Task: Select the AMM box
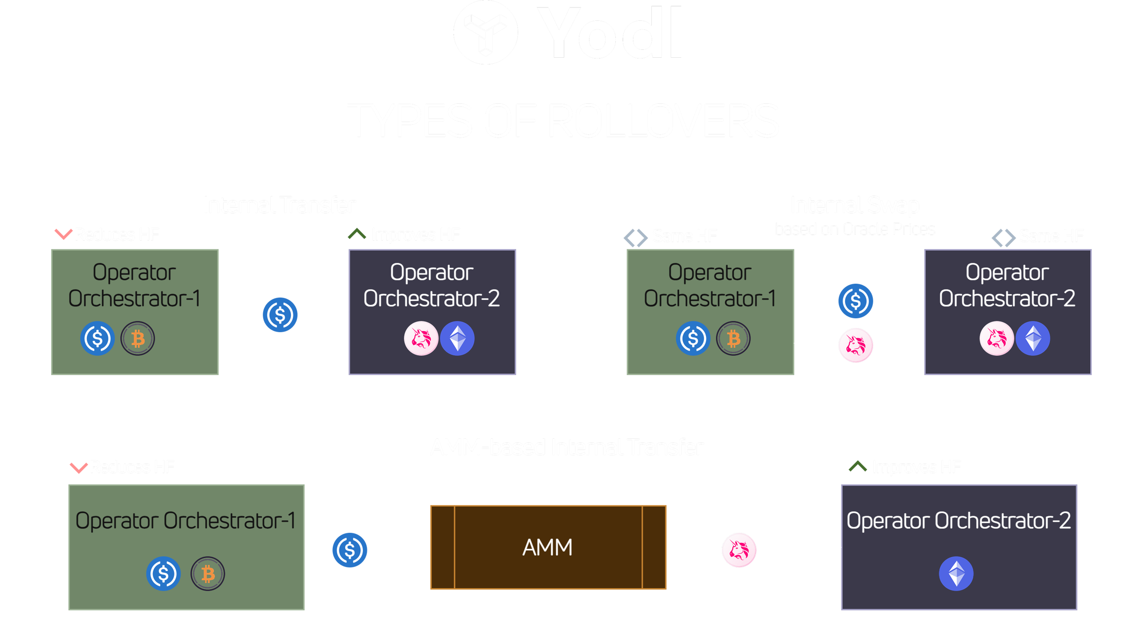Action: [548, 547]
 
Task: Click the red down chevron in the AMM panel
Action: [78, 467]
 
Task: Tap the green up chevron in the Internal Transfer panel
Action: [356, 233]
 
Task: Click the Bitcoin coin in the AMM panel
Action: [208, 574]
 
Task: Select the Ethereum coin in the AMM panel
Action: [956, 574]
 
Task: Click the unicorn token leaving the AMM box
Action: [739, 550]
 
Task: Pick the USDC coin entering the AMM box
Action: [350, 550]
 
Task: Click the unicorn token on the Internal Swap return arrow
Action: [855, 345]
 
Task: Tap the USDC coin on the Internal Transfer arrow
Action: [280, 315]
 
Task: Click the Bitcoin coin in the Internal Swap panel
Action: [733, 339]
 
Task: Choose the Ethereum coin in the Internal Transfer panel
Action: [457, 339]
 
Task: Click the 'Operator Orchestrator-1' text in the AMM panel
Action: [186, 521]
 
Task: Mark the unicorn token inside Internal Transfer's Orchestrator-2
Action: [421, 339]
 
